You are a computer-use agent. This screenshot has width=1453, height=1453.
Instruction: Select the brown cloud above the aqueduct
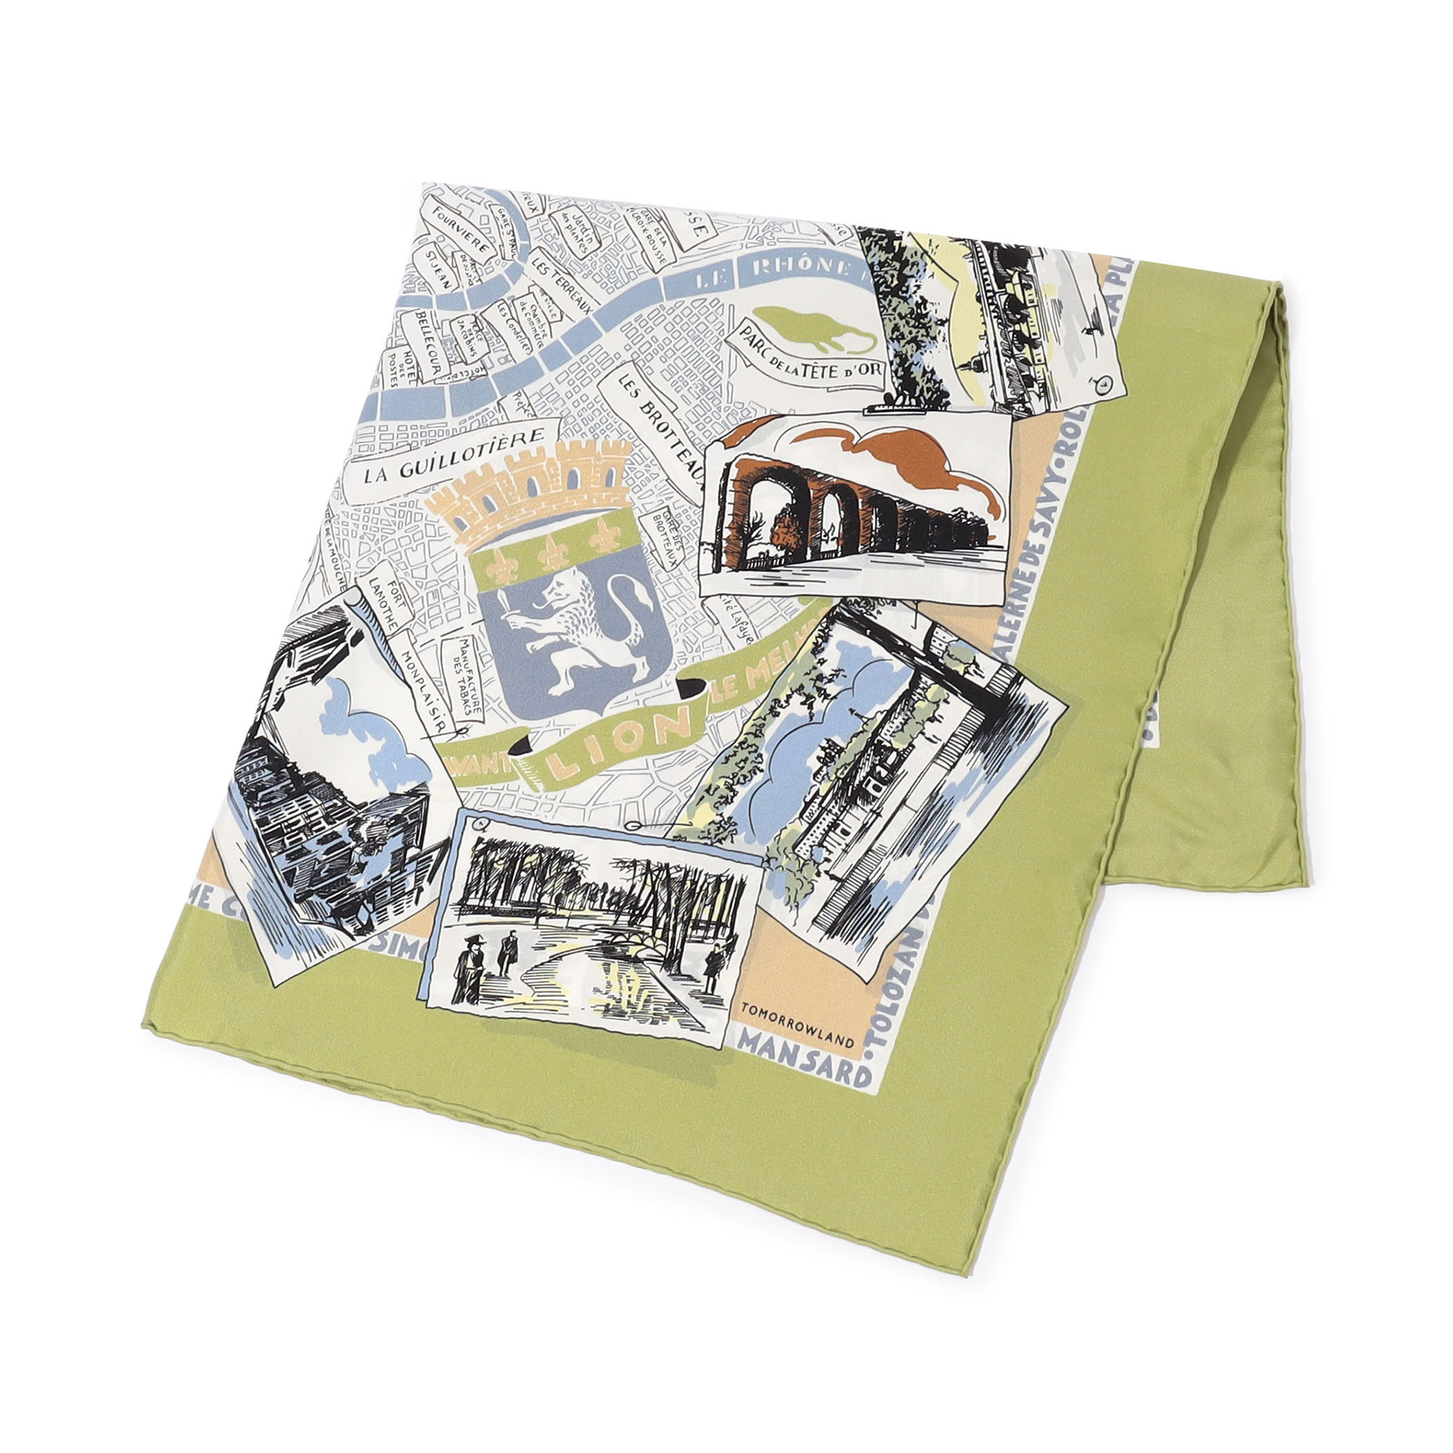point(902,459)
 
